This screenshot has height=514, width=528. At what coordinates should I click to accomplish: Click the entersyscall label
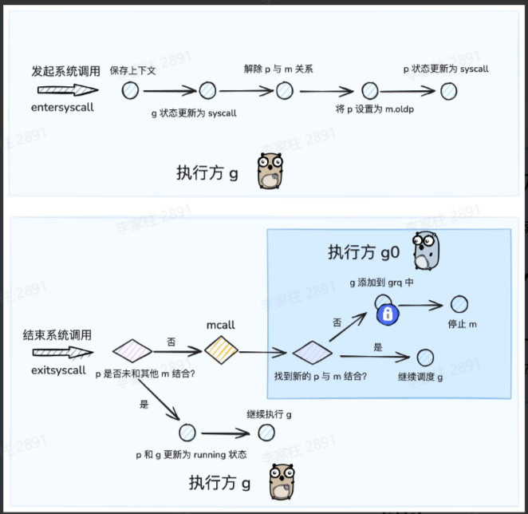coord(63,107)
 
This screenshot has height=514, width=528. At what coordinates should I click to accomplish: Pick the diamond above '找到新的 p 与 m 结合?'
coord(312,351)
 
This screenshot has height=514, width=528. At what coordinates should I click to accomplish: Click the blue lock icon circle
coord(388,314)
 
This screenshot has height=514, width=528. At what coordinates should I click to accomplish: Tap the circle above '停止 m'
coord(459,304)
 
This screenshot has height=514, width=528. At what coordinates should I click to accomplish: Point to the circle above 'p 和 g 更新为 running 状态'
coord(188,432)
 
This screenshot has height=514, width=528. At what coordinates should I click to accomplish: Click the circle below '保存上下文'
coord(130,90)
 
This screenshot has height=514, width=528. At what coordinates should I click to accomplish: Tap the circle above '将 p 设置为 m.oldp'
coord(369,90)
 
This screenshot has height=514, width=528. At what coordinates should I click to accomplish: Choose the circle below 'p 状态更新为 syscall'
coord(449,90)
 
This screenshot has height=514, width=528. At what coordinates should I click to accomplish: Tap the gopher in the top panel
coord(271,171)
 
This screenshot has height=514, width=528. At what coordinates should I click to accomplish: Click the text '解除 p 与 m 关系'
coord(278,69)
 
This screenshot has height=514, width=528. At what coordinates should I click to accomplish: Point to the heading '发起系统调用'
coord(66,71)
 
